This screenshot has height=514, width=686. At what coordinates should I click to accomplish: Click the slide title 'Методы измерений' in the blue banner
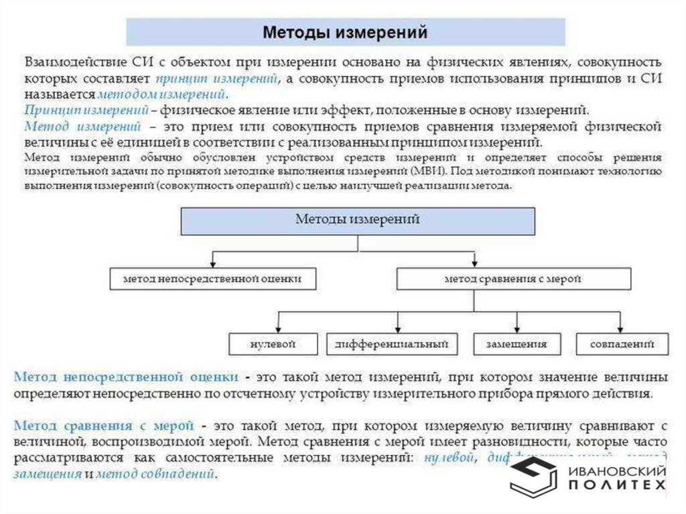point(344,32)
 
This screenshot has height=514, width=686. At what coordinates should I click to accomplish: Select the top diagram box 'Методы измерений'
point(358,220)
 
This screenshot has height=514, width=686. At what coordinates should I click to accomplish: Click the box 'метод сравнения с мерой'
point(512,278)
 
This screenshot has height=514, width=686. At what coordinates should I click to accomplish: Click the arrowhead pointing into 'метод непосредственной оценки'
point(212,263)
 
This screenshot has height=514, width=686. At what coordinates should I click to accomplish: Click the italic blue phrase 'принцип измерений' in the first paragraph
point(216,79)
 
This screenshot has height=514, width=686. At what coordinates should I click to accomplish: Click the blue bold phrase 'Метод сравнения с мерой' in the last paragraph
point(104,426)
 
